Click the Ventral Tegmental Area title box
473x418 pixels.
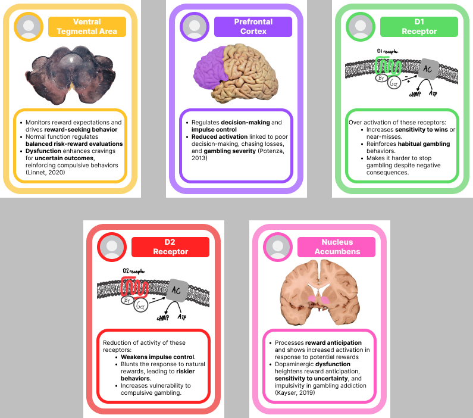[87, 26]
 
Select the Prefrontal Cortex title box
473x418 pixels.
[253, 26]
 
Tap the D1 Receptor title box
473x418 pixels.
[419, 26]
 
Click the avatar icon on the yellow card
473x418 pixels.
[29, 27]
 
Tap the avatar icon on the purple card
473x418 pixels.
[195, 27]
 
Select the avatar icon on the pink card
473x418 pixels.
[278, 247]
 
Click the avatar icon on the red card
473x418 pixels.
[112, 247]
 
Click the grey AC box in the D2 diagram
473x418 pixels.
[176, 291]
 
